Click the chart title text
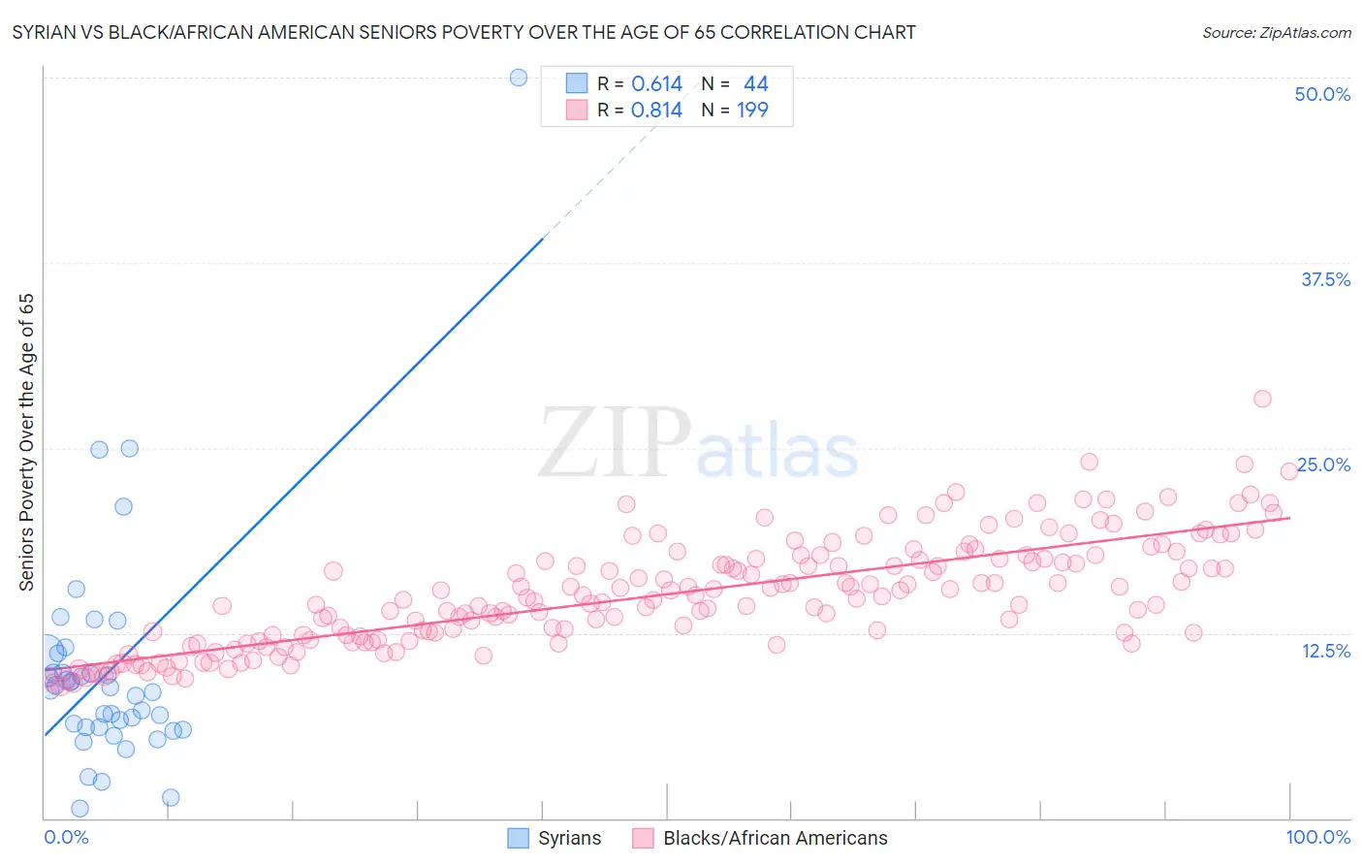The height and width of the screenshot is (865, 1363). point(463,32)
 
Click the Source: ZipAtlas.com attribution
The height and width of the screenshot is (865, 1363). point(1276,32)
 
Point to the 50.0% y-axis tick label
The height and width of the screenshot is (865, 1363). point(1322,94)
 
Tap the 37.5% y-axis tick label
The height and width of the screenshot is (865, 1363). point(1325,279)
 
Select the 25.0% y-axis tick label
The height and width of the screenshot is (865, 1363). point(1323,465)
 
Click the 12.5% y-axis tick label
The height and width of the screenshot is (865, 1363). point(1325,651)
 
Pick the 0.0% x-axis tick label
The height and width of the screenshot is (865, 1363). point(66,837)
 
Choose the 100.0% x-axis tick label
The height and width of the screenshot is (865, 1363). point(1317,837)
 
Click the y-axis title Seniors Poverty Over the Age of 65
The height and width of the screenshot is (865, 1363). point(26,441)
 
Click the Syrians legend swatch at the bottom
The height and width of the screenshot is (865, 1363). point(519,838)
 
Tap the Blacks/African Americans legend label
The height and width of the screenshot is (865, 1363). point(776,838)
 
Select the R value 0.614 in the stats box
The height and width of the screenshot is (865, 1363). point(656,84)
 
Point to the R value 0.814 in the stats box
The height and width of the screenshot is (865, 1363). point(656,111)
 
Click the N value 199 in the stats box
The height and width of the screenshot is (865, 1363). point(752,111)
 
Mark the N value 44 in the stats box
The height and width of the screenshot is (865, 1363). point(755,84)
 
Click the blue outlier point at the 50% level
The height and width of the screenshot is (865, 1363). point(519,78)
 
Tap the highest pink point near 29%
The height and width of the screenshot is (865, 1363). point(1262,399)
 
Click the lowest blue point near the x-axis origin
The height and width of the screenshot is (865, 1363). point(79,809)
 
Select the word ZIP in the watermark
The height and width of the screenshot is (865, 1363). point(614,443)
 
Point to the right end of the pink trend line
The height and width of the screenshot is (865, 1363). point(1289,518)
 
